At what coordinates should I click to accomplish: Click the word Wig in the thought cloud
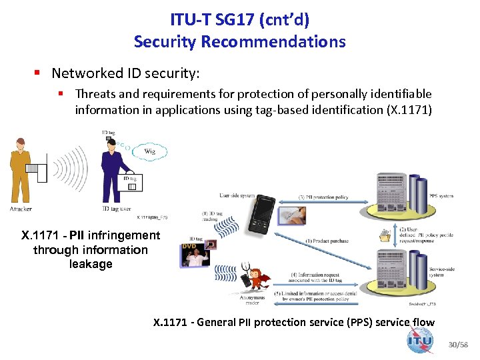[149, 151]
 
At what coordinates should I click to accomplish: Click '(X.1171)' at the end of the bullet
[409, 110]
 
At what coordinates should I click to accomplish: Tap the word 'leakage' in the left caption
[91, 264]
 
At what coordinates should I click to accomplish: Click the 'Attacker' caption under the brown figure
[20, 209]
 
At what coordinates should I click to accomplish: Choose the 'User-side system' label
[238, 195]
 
